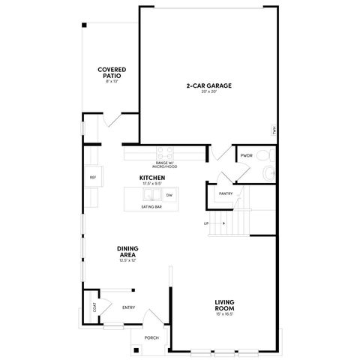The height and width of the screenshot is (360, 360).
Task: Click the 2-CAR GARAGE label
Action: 208,85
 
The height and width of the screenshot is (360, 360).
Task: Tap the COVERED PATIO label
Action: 110,73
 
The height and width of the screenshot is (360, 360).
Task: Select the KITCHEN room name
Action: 152,178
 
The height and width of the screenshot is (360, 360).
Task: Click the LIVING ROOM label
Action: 226,306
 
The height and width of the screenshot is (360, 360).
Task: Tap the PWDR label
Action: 246,156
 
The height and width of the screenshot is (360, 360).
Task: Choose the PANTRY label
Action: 226,193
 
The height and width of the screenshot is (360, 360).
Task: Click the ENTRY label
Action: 128,307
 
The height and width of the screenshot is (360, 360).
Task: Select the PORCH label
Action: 151,337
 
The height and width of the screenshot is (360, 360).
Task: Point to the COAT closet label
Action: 94,307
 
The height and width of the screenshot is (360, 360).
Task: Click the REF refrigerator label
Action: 93,178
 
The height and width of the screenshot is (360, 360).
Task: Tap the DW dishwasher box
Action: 169,195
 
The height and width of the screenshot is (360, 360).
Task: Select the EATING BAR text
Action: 152,207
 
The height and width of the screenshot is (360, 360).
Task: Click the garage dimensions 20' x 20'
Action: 208,92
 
